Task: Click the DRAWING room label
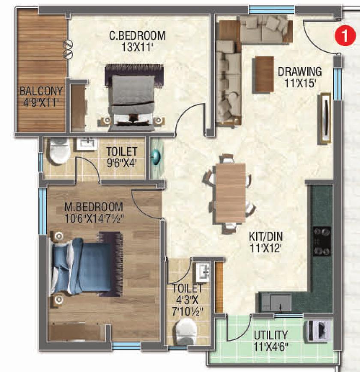tap(300, 76)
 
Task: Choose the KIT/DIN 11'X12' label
tap(266, 241)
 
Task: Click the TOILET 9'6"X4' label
tap(122, 156)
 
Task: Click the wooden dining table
tap(230, 193)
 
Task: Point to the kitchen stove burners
tap(322, 241)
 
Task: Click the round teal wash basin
tap(156, 157)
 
